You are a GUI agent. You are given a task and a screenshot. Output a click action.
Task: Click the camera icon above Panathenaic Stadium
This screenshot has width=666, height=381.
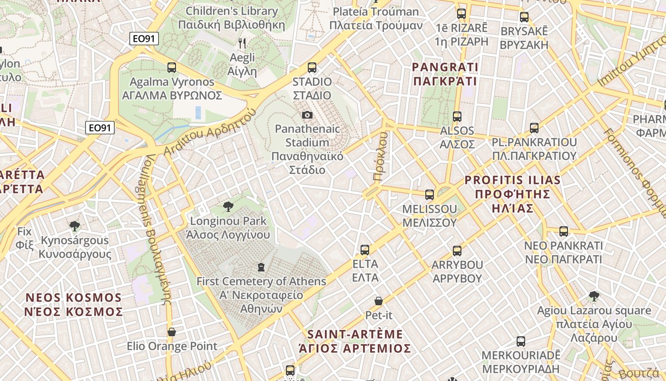tap(307, 115)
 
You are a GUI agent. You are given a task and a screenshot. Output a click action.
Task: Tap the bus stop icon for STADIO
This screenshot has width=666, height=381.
tap(312, 68)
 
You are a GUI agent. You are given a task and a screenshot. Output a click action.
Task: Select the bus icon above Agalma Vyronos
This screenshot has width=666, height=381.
tap(172, 68)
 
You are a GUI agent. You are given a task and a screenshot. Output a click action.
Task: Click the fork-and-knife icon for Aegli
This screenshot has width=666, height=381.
tap(242, 43)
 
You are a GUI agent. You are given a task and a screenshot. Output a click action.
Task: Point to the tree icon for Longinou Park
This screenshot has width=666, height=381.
tap(228, 206)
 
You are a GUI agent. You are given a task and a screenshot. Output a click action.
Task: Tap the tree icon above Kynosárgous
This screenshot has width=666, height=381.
tap(74, 226)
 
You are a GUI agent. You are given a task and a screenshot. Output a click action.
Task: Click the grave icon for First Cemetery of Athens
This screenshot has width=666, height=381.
tap(261, 267)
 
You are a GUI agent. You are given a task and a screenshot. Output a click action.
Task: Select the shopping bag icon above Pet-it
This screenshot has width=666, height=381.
tap(379, 301)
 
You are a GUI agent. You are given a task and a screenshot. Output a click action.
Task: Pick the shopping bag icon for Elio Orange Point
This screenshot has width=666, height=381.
tap(172, 331)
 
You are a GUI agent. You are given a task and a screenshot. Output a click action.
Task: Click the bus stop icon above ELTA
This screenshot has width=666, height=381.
tap(365, 250)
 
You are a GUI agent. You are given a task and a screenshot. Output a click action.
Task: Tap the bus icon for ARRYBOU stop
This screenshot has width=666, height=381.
tap(457, 251)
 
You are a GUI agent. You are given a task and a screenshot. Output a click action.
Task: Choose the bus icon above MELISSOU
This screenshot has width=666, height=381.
tap(430, 194)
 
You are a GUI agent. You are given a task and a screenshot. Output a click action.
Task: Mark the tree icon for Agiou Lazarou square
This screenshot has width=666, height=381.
tap(594, 296)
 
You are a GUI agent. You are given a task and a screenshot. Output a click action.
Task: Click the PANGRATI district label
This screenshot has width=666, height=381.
tap(445, 74)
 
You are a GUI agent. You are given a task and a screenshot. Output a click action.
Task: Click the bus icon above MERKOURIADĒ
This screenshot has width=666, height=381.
tap(521, 341)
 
